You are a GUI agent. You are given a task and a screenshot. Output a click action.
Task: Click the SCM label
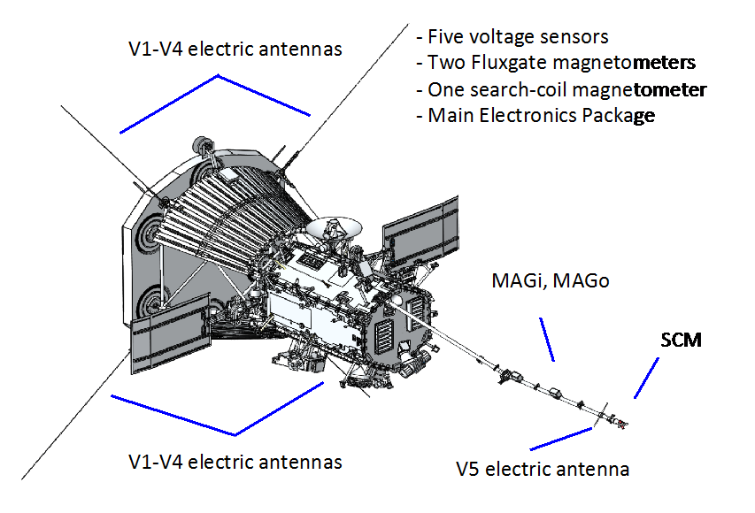[681, 340]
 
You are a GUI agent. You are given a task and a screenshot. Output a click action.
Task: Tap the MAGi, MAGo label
[551, 280]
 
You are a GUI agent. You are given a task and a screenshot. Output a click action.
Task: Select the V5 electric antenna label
[543, 469]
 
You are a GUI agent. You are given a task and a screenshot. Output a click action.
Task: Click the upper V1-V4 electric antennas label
[235, 49]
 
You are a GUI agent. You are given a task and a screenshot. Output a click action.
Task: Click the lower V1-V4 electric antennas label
[235, 462]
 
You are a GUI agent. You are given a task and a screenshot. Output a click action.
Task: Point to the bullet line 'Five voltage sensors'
[512, 36]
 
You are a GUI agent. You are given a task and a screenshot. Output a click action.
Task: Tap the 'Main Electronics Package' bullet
[535, 116]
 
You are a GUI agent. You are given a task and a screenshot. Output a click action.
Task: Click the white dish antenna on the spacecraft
[334, 226]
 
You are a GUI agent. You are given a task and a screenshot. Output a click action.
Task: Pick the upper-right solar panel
[420, 233]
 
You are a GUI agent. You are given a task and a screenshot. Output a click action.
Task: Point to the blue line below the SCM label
[646, 378]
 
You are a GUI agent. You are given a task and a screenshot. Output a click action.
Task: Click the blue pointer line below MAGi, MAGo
[546, 340]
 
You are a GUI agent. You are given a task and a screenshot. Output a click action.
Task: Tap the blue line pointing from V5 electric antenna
[561, 439]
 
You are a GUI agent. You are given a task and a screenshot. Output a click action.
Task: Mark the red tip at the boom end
[622, 425]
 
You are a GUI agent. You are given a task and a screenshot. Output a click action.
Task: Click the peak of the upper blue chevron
[218, 75]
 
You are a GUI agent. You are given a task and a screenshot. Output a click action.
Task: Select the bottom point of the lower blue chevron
[235, 435]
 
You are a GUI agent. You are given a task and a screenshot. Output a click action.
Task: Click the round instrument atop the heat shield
[201, 144]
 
